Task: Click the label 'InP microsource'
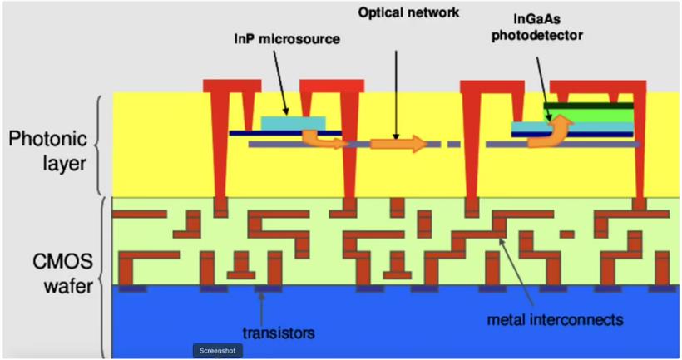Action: [287, 39]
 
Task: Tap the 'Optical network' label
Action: [408, 12]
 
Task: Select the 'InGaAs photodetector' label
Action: [537, 27]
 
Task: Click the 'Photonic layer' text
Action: [48, 151]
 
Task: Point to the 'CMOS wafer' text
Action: [62, 274]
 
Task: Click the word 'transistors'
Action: [279, 333]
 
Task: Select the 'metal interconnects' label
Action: [555, 320]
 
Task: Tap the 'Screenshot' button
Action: [218, 350]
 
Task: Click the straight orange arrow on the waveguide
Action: [399, 144]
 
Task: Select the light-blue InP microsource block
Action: [293, 123]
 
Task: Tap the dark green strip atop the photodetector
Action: [589, 106]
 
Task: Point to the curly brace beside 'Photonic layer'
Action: [98, 145]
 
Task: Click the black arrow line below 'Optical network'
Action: [396, 95]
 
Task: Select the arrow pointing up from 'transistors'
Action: [261, 309]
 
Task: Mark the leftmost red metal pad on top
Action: [232, 86]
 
